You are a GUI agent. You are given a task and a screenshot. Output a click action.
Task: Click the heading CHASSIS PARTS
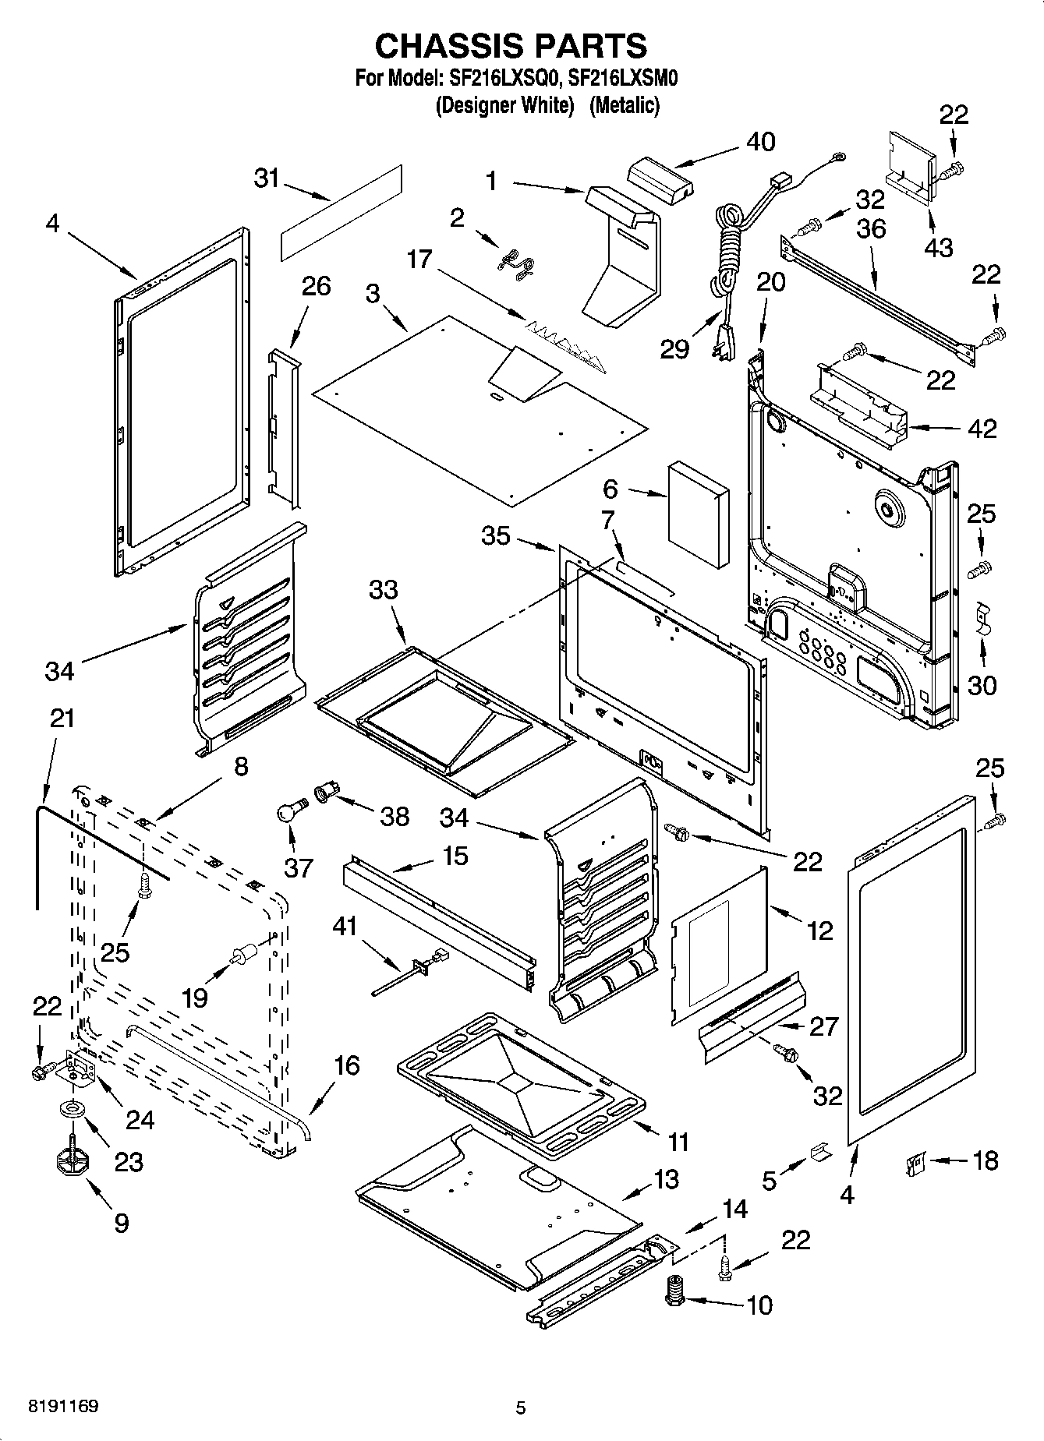coord(511,46)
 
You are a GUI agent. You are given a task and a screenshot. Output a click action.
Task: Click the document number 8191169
coord(63,1407)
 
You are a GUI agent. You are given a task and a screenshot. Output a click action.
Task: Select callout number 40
coord(760,142)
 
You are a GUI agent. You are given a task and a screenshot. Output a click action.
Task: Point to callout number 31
coord(266,178)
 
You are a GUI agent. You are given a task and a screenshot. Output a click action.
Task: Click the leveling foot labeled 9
coord(73,1161)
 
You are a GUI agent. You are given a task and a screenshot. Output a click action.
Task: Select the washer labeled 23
coord(73,1108)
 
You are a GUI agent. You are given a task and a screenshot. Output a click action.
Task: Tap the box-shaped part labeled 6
coord(698,513)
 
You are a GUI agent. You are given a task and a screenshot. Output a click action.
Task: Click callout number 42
coord(981,428)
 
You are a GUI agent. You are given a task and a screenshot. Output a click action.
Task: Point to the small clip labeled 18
coord(914,1165)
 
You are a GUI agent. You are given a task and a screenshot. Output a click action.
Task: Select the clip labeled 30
coord(983,617)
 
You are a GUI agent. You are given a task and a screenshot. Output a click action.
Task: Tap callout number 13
coord(666,1179)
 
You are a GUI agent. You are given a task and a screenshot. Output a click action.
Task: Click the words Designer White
coord(504,105)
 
